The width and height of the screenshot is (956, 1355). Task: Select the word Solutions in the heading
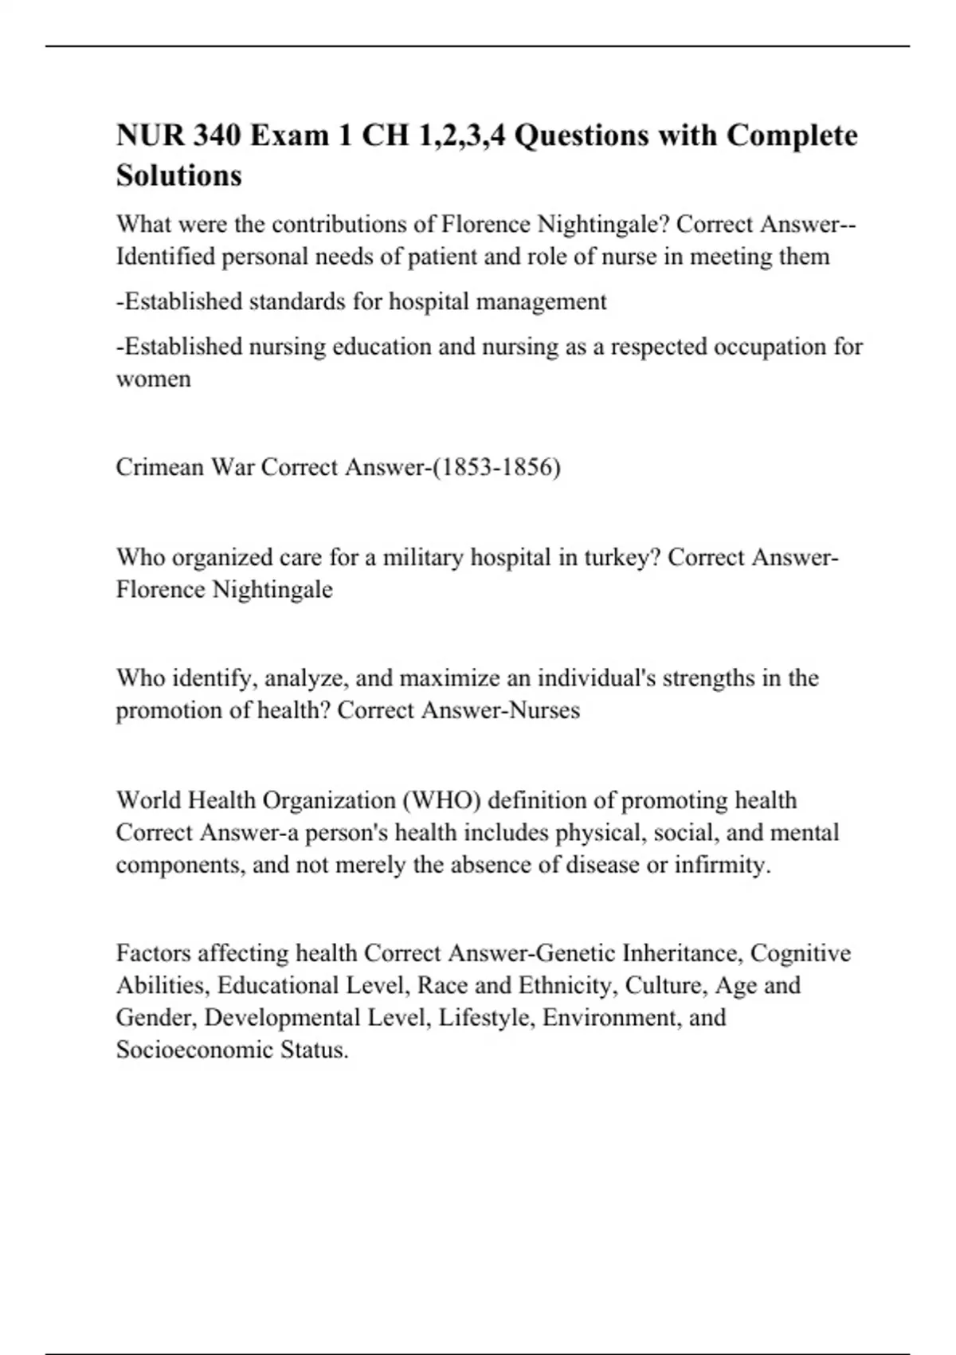tap(178, 175)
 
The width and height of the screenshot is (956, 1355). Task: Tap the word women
tap(153, 379)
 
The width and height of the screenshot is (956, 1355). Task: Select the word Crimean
tap(159, 467)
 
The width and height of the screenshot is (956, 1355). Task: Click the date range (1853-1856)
tap(495, 467)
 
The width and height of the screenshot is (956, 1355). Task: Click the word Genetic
tap(574, 953)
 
